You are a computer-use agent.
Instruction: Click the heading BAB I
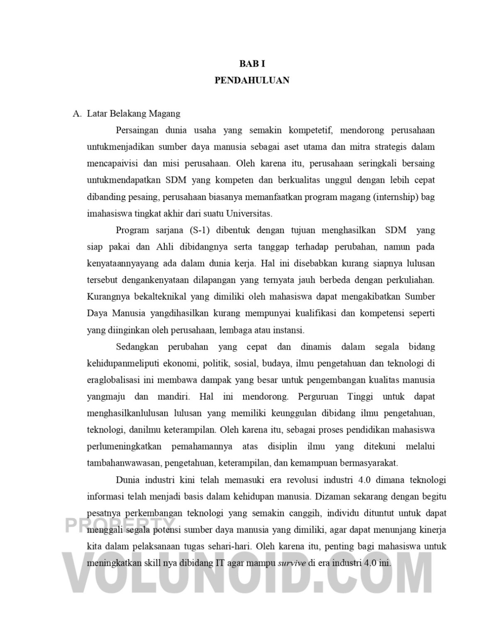[x=252, y=64]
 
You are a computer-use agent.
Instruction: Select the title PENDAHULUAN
[x=252, y=80]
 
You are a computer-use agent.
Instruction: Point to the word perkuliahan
[x=410, y=280]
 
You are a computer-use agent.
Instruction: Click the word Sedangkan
[x=137, y=347]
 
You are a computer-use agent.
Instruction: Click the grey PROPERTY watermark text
[x=120, y=526]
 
